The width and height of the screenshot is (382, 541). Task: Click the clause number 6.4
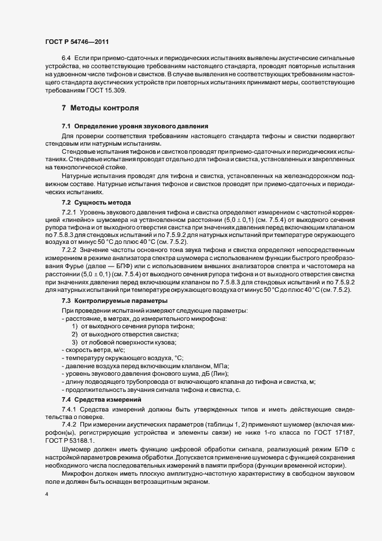[x=66, y=59]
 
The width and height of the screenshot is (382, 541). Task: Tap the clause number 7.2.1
[x=69, y=213]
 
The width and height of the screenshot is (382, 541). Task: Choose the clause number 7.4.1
[x=69, y=410]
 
